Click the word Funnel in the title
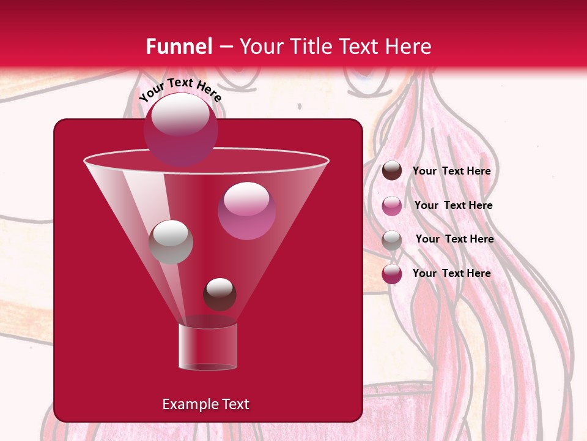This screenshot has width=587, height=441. point(179,47)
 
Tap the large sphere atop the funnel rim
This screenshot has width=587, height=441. point(180,129)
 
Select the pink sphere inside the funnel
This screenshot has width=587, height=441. point(246,211)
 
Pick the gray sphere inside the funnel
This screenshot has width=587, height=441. point(171,242)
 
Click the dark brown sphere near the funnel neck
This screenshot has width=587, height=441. point(220,294)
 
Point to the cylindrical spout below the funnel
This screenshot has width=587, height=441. point(207,347)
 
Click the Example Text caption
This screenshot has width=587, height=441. point(206,404)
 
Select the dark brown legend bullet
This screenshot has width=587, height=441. point(392,171)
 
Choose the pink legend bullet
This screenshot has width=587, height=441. point(392,205)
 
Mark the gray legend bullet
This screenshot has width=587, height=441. point(392,239)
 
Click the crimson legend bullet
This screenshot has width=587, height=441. point(392,274)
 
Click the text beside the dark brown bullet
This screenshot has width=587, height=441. point(451,171)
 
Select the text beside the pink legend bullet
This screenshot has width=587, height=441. point(453,205)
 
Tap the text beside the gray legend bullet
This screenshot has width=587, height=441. point(454,239)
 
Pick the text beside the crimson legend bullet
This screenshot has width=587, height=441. point(451,273)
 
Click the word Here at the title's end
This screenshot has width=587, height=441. point(410,47)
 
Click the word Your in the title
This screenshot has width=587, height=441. point(260,47)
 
